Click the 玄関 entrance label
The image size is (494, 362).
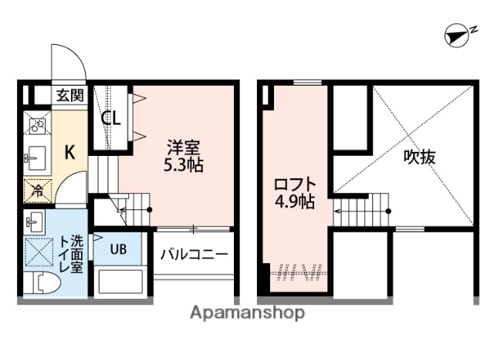[x=69, y=95]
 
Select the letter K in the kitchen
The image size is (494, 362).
[x=69, y=152]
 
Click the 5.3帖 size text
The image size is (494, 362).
[x=184, y=164]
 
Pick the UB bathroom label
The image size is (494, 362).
[x=117, y=249]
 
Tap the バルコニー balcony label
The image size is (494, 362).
[x=194, y=253]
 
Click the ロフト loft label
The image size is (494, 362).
[x=294, y=185]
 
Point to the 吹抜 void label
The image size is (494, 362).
[x=421, y=157]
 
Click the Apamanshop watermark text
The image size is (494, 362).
[x=247, y=313]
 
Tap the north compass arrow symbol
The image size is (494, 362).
[x=458, y=35]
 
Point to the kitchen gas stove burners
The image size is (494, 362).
[x=36, y=123]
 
